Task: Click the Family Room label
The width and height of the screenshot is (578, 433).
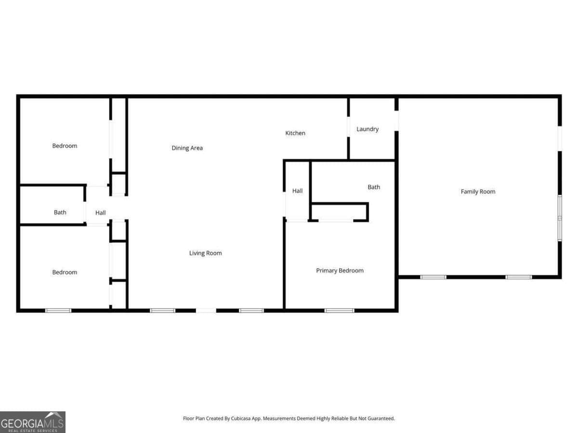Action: pyautogui.click(x=478, y=191)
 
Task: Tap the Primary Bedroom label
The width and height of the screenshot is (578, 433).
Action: pyautogui.click(x=340, y=270)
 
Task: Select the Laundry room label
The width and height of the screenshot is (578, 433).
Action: pyautogui.click(x=368, y=129)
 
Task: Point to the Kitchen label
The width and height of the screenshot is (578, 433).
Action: pyautogui.click(x=295, y=133)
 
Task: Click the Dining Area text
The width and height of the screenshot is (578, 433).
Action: pyautogui.click(x=187, y=148)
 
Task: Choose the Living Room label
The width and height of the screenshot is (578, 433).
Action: pyautogui.click(x=205, y=253)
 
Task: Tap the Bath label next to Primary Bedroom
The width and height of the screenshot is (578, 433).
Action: pyautogui.click(x=374, y=187)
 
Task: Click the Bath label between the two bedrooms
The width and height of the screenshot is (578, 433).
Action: pyautogui.click(x=60, y=212)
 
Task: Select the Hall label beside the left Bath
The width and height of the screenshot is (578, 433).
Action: pyautogui.click(x=100, y=213)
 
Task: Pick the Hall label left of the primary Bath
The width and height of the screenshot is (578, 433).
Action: pyautogui.click(x=298, y=191)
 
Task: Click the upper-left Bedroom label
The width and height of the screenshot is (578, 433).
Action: pyautogui.click(x=65, y=146)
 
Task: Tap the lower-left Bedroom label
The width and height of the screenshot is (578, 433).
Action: pyautogui.click(x=65, y=272)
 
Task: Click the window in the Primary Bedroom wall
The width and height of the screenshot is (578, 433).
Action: pyautogui.click(x=339, y=310)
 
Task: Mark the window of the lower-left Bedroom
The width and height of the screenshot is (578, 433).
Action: pyautogui.click(x=58, y=310)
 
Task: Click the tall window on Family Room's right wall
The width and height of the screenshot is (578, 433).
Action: pyautogui.click(x=560, y=218)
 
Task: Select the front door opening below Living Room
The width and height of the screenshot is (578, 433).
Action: pyautogui.click(x=206, y=310)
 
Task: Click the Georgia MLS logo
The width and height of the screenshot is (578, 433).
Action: pyautogui.click(x=32, y=422)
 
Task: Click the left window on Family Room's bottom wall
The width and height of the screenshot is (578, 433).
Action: pyautogui.click(x=433, y=277)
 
